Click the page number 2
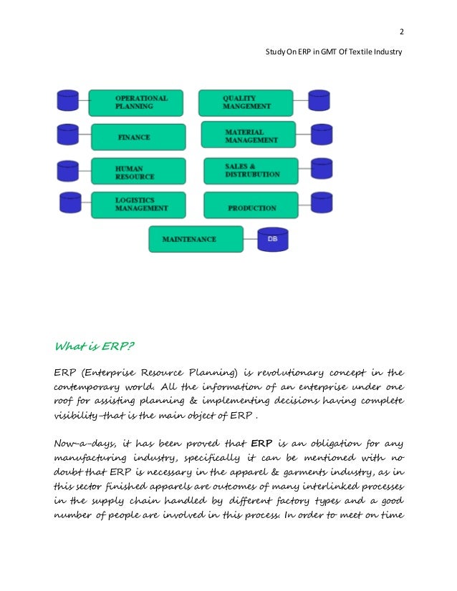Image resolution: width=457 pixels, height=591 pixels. (x=400, y=31)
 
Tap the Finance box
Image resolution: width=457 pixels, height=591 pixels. (x=138, y=135)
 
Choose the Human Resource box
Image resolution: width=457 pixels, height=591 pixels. (x=138, y=172)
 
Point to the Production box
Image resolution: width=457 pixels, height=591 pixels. (x=251, y=207)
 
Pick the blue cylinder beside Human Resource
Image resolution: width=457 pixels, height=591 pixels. (x=67, y=170)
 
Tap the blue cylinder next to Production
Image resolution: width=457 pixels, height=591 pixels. (x=321, y=203)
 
